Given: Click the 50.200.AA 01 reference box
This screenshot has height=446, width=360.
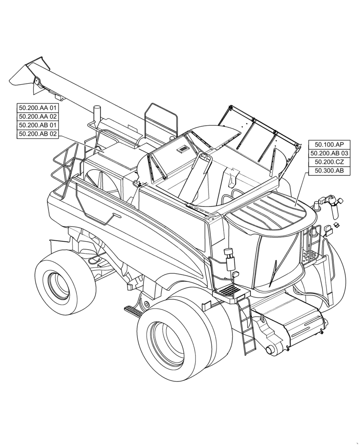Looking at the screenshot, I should [x=38, y=107].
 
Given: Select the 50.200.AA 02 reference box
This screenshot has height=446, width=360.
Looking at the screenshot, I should [x=38, y=116].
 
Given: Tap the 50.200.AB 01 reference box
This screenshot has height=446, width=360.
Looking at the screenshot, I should [x=38, y=125].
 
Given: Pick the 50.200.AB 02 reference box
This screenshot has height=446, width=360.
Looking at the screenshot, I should [x=38, y=134].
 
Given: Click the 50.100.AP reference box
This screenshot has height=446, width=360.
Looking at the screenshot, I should [x=329, y=145].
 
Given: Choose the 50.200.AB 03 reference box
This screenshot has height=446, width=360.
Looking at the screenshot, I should [x=329, y=153].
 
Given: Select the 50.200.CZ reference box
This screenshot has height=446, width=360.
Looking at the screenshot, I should [x=329, y=162].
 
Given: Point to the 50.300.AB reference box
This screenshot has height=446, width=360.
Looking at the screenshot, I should [x=329, y=171].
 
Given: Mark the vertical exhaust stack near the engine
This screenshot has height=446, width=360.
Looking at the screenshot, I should [x=95, y=115].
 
